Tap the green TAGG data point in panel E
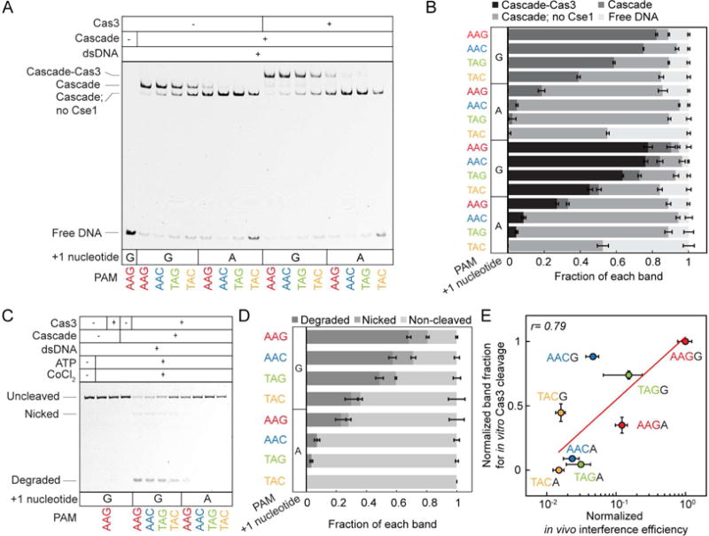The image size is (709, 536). point(628,375)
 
